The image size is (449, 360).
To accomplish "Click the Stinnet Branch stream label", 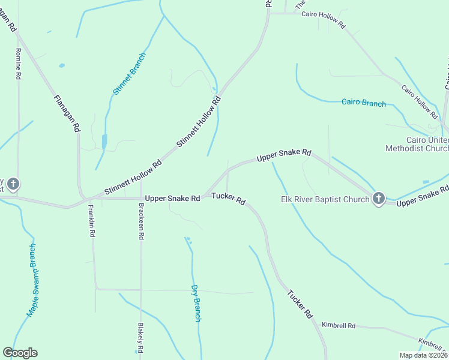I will point(130,74).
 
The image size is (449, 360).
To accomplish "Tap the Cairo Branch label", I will point(364,103).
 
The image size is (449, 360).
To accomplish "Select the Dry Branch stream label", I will point(195,303).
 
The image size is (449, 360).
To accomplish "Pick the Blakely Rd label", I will point(140,338).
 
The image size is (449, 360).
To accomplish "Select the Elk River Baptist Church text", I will point(325,199).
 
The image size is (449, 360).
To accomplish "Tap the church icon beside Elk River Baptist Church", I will point(378,198).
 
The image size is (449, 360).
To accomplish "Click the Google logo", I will point(20,353).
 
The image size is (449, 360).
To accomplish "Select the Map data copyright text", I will point(423,355).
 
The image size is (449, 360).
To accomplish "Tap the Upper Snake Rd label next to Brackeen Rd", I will point(172,198).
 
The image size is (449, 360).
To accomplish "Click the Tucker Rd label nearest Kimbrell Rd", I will point(300,304).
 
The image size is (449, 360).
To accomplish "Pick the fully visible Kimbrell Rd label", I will point(339,326).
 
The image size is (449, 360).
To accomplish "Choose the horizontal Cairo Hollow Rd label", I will point(324,20).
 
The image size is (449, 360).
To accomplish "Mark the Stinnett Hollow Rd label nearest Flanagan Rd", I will point(133,177).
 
